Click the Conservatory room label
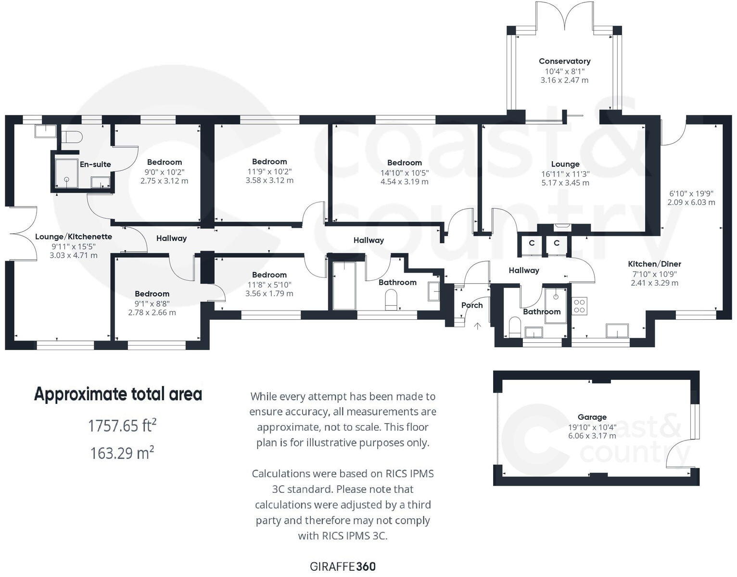click(564, 61)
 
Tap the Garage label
click(592, 417)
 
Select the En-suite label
click(95, 164)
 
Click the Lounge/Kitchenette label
click(74, 237)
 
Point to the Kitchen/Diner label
click(654, 264)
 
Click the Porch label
click(471, 305)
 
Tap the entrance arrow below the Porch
click(477, 326)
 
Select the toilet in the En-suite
click(72, 137)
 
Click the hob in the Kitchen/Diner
click(580, 306)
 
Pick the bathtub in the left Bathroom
click(344, 286)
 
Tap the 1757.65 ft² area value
click(122, 426)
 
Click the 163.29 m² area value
click(122, 453)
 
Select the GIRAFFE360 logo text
click(343, 566)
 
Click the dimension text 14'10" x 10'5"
click(404, 173)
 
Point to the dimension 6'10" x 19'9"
click(691, 193)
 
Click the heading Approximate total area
click(118, 394)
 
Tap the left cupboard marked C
click(532, 243)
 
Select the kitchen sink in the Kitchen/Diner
click(617, 331)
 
